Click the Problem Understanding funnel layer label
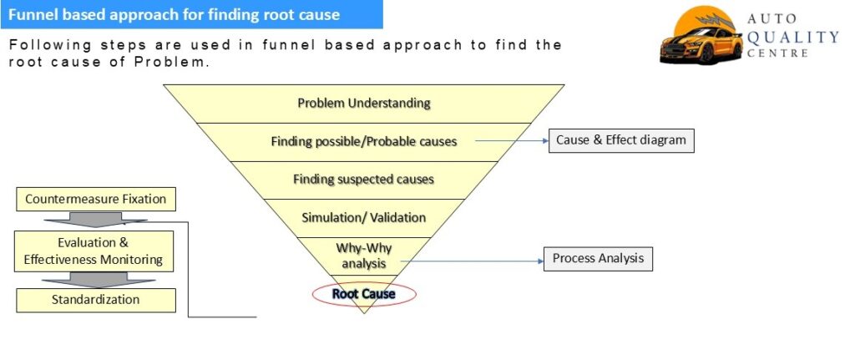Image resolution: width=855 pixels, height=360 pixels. click(x=364, y=103)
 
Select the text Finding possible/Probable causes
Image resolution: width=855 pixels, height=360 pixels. click(x=364, y=141)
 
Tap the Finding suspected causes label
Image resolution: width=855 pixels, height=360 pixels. click(x=364, y=179)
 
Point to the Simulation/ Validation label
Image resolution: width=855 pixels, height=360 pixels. click(x=364, y=217)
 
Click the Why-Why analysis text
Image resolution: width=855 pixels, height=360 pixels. click(x=364, y=256)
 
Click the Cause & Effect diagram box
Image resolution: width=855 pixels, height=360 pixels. click(x=621, y=140)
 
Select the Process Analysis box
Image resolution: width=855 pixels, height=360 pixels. click(x=598, y=259)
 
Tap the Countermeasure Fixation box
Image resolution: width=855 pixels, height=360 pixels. click(x=95, y=199)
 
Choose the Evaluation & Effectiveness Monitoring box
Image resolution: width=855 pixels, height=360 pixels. click(x=94, y=251)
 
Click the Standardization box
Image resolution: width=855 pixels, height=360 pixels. click(x=95, y=300)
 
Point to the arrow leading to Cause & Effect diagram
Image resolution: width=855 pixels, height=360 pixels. click(x=512, y=140)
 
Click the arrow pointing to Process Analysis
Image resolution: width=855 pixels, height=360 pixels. click(x=473, y=261)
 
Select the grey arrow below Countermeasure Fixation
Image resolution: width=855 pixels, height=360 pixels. click(x=95, y=220)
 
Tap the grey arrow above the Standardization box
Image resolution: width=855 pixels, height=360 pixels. click(x=99, y=280)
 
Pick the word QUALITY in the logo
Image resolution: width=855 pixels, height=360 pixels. click(x=792, y=37)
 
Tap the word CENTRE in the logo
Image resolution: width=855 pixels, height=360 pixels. click(x=778, y=53)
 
